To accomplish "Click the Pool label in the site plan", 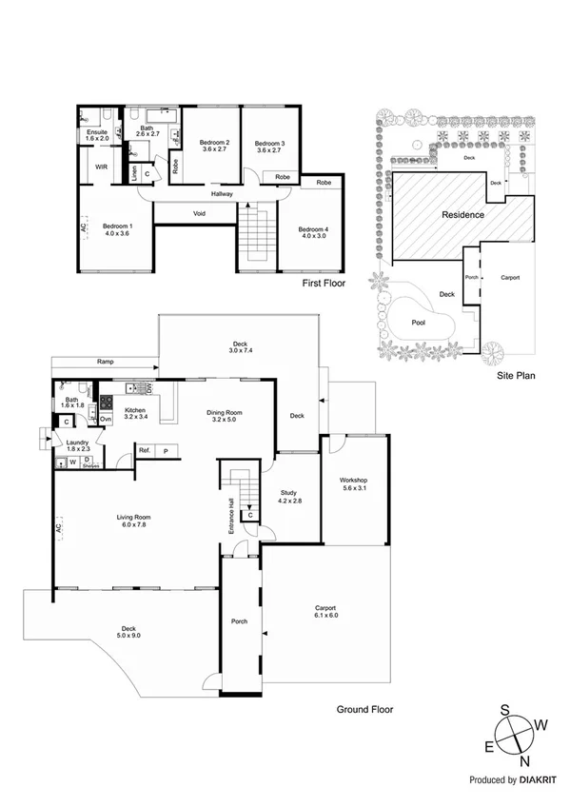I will point(418,322).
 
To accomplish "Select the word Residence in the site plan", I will point(463,215).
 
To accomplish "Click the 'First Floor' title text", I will point(323,284).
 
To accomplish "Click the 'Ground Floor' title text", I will point(365,709).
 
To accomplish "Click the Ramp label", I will point(107,362).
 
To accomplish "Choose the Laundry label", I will point(78,443).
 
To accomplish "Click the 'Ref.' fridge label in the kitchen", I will point(146,450).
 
